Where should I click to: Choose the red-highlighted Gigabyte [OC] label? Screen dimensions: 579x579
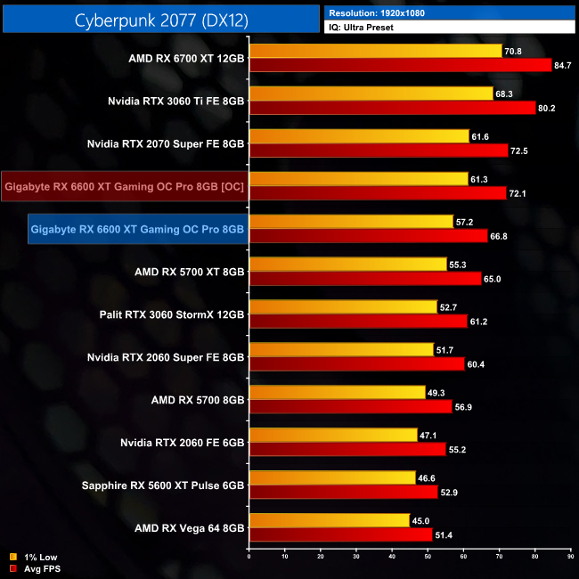pyautogui.click(x=125, y=186)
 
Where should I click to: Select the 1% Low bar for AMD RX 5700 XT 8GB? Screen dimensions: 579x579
pyautogui.click(x=348, y=265)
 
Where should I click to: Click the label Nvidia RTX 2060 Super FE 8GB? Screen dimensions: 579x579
pyautogui.click(x=166, y=357)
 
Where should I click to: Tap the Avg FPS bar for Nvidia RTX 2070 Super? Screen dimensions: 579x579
pyautogui.click(x=379, y=151)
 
